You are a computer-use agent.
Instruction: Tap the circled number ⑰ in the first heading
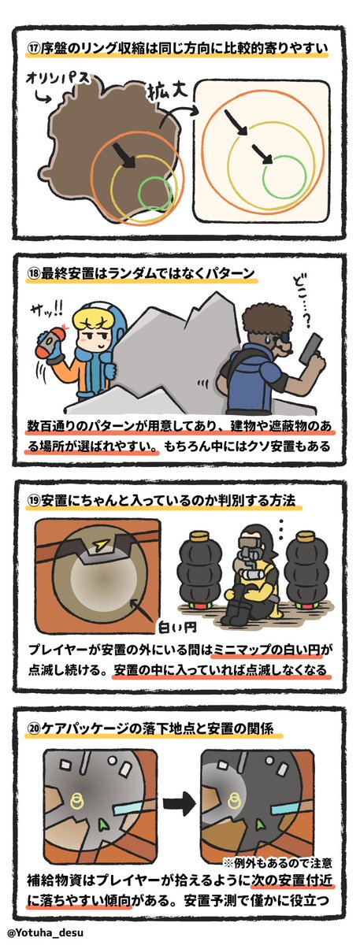(32, 50)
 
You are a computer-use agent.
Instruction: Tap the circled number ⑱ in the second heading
(33, 273)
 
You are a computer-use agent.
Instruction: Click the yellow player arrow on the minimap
(101, 546)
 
